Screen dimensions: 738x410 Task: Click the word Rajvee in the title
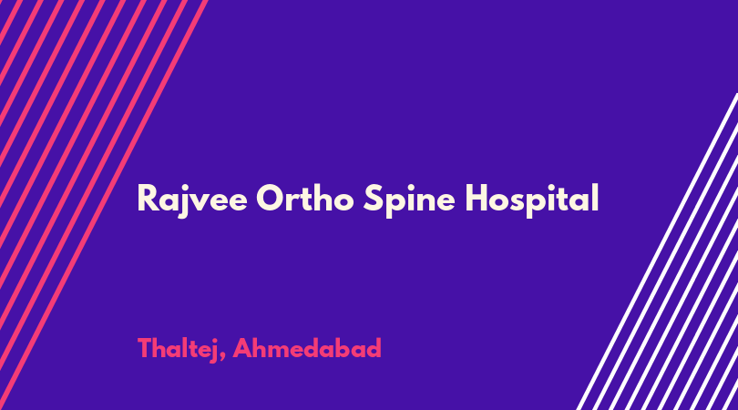[x=192, y=200]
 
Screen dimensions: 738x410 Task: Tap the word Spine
[x=409, y=200]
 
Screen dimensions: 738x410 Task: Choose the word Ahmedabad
[x=307, y=348]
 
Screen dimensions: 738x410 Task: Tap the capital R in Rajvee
[x=148, y=199]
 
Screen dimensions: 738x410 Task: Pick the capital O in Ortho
[x=272, y=198]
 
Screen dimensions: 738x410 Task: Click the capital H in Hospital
[x=477, y=199]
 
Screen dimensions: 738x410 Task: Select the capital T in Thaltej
[x=145, y=348]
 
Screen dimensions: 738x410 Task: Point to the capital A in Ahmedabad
[x=243, y=348]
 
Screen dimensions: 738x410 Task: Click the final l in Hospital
[x=595, y=197]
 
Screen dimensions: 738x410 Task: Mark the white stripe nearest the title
[x=658, y=251]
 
